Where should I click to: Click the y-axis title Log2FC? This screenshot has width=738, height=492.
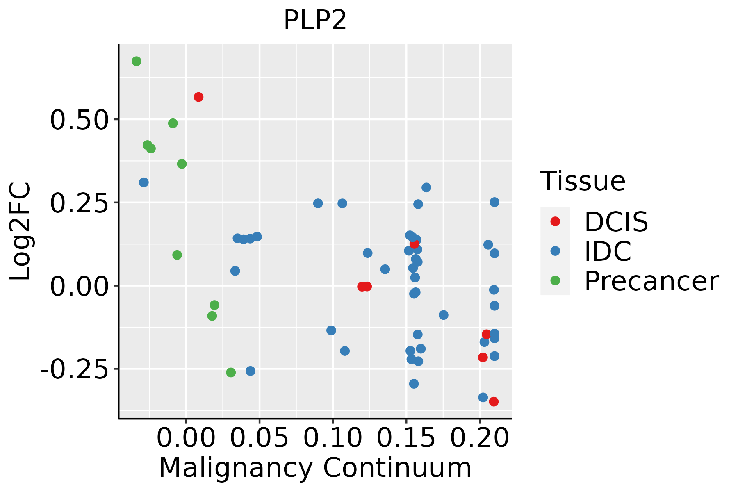coord(20,232)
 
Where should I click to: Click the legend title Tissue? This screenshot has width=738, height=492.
coord(583,181)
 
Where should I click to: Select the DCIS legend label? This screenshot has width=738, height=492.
coord(616,222)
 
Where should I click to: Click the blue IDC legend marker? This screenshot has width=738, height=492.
coord(555,251)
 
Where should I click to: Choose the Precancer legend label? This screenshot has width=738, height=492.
coord(651,281)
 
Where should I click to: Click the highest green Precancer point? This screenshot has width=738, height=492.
coord(137,61)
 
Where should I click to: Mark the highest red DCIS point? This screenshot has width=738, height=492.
coord(198,97)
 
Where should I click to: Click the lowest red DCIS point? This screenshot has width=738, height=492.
coord(494,401)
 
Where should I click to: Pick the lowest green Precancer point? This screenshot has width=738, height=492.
coord(231,372)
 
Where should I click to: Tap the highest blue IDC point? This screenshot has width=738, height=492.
coord(143,182)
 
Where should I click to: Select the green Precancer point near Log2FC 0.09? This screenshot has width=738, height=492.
coord(177,255)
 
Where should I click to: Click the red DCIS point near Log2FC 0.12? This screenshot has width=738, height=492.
coord(414,244)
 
